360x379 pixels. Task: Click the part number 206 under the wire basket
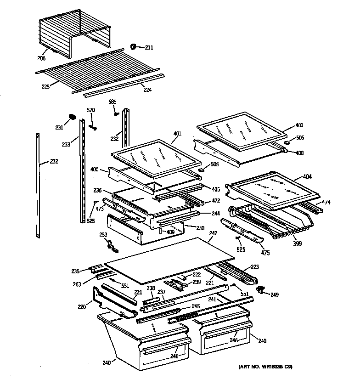(42, 59)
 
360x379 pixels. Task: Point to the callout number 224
(147, 90)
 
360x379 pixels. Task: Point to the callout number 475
(265, 253)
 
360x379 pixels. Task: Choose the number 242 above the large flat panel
(213, 233)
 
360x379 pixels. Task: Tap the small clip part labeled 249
(262, 289)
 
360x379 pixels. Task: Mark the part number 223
(254, 267)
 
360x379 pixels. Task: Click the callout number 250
(200, 228)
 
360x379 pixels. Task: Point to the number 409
(170, 232)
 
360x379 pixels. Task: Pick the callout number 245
(196, 306)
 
